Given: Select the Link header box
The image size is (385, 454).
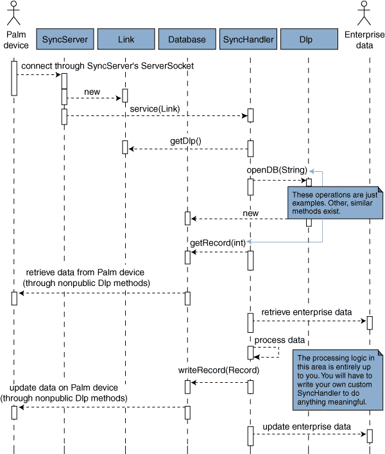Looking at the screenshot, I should tap(126, 39).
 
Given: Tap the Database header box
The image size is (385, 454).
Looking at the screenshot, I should tap(187, 39).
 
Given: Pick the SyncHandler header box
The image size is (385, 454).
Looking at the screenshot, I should tap(248, 39).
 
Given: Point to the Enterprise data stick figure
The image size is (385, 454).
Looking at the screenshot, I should tap(365, 13).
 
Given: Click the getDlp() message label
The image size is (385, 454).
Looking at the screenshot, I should tap(186, 140).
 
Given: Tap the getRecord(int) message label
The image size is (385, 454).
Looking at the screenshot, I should tap(218, 242).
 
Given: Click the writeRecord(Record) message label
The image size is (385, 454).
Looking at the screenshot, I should tap(218, 370).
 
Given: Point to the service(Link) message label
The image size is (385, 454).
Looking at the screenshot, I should tap(155, 108).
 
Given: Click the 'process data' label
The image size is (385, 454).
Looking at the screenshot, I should tap(279, 339).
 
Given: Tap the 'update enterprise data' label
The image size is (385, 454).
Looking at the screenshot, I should tap(307, 426).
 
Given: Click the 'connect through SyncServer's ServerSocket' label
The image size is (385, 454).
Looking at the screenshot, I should tap(107, 66).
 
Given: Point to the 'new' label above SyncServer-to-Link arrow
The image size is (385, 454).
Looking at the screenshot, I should tap(92, 92).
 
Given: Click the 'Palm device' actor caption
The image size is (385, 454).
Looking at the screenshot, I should tap(15, 39).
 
